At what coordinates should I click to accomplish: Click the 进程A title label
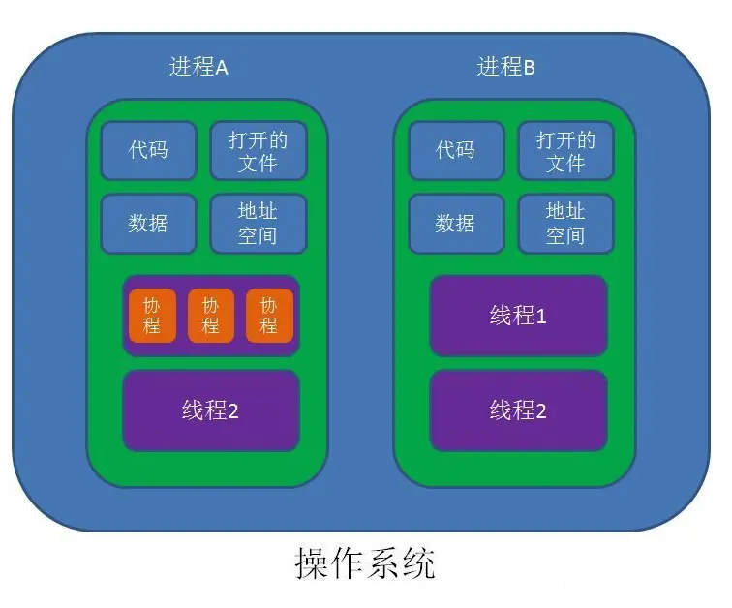198,67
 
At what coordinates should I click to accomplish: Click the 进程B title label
506,67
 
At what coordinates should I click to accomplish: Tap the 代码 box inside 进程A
148,150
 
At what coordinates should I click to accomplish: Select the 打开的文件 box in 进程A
259,150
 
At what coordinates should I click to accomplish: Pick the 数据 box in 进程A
148,223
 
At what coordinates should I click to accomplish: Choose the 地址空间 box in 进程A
259,223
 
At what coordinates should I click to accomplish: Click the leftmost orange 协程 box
152,315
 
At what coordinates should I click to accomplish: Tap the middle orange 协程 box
210,315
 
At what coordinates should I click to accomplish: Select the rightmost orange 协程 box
269,315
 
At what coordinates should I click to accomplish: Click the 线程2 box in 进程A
210,410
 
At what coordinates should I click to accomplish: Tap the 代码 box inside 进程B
455,150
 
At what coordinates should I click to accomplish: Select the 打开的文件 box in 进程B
565,150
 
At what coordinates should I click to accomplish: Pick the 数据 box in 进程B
455,223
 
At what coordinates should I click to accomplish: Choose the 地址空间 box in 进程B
565,223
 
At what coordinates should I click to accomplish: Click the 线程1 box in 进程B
518,316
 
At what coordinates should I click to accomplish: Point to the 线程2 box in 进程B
518,410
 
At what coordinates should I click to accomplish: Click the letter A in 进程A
221,68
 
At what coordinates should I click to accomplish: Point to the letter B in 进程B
529,68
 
